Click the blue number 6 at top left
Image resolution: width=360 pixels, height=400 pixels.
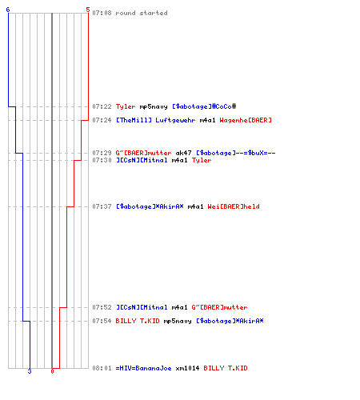point(8,10)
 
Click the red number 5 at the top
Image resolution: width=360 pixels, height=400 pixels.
point(88,10)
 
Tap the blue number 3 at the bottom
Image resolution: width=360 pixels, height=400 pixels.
point(30,371)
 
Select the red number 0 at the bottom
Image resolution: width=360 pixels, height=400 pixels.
point(52,371)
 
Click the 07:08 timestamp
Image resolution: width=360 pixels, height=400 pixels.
point(102,13)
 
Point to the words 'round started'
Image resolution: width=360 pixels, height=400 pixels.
point(142,13)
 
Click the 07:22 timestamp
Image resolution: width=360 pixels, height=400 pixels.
point(102,106)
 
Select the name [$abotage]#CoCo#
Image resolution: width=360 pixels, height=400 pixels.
point(204,106)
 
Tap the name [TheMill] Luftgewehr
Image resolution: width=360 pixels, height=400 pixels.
point(156,120)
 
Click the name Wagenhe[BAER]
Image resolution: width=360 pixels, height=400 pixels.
point(246,120)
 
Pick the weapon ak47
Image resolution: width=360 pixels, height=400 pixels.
point(183,153)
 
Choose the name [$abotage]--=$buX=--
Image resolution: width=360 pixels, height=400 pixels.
point(236,153)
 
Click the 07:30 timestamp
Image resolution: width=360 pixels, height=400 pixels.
point(102,160)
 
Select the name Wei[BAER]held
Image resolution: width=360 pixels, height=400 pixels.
point(234,206)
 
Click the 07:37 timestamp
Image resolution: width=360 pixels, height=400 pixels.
point(102,206)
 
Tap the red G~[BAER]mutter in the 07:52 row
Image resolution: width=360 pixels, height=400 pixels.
point(219,307)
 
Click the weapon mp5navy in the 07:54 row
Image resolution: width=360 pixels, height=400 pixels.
point(178,322)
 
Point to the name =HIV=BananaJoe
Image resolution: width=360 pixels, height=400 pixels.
point(143,368)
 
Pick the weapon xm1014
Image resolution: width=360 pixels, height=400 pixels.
point(187,368)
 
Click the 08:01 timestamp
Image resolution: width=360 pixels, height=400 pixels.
point(102,368)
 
